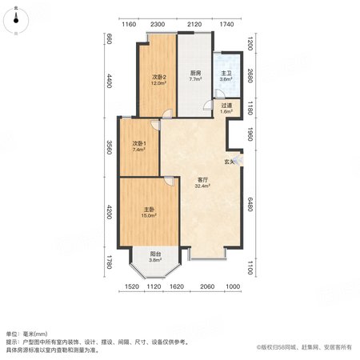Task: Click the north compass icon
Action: pos(16,21)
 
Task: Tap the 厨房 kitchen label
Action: pos(195,73)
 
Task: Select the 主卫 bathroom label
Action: pos(226,73)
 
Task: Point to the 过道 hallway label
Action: pos(226,106)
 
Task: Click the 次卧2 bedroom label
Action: pos(159,77)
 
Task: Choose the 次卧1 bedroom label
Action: pos(139,143)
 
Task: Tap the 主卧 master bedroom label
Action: pos(149,210)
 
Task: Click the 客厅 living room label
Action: pos(202,180)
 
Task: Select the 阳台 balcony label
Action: pos(155,254)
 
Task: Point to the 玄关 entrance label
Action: pos(229,162)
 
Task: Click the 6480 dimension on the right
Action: pos(250,204)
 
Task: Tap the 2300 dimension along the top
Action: pos(158,24)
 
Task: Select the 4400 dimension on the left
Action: pos(109,81)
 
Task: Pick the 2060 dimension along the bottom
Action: pos(207,286)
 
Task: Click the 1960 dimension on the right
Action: pos(250,134)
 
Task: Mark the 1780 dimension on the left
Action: pos(109,262)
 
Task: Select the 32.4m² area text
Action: pos(202,186)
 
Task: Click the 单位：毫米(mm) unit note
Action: pos(27,334)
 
